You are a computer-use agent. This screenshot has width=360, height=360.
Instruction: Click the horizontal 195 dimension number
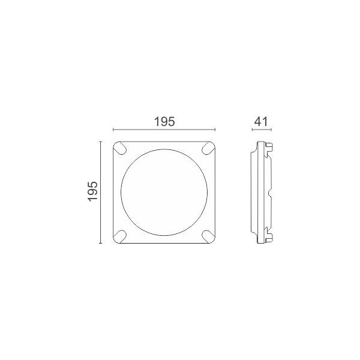(164, 122)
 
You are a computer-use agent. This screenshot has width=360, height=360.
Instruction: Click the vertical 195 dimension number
(93, 191)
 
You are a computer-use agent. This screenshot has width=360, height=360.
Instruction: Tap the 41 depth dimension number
(261, 122)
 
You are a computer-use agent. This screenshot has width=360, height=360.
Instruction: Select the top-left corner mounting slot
(121, 148)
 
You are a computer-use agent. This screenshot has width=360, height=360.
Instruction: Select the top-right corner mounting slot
(208, 148)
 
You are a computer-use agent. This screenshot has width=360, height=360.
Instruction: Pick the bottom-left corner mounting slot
(121, 236)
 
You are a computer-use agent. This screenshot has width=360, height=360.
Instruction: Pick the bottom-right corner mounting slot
(208, 236)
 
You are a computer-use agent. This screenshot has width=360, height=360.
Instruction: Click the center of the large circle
(164, 192)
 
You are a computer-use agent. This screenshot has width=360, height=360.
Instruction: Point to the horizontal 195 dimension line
(164, 130)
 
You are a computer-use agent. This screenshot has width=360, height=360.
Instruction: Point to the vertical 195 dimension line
(100, 192)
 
